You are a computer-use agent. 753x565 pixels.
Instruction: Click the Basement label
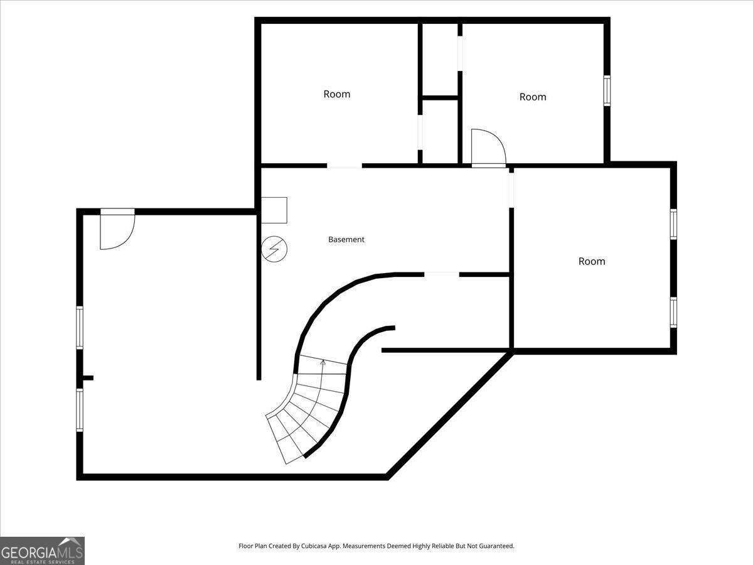pos(346,239)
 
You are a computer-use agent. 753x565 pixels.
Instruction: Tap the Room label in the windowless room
pos(337,94)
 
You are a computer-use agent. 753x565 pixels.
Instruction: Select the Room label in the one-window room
pos(533,97)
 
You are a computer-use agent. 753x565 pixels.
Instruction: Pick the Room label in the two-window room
pos(592,261)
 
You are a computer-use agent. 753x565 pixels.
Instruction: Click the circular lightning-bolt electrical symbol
pos(274,249)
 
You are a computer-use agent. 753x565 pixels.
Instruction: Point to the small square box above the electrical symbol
pos(274,210)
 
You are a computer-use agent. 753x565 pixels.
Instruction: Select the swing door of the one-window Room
pos(488,148)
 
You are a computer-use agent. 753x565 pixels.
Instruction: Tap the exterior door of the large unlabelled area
pos(117,229)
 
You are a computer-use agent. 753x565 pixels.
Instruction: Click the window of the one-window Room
pos(607,90)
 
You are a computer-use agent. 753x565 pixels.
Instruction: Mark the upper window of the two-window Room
pos(673,224)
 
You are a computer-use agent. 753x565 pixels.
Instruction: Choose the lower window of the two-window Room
pos(673,313)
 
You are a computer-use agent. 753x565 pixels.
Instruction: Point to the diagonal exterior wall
pos(450,414)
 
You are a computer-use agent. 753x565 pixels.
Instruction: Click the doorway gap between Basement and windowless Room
pos(344,166)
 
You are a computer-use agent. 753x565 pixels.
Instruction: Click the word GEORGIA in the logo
pos(28,552)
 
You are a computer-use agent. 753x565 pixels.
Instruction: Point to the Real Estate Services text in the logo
pos(43,562)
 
